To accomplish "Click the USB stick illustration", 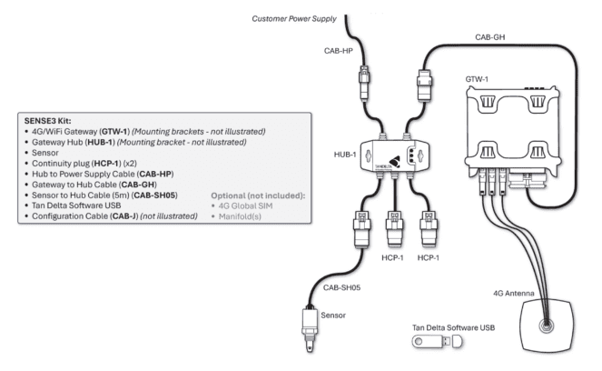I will (437, 340).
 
